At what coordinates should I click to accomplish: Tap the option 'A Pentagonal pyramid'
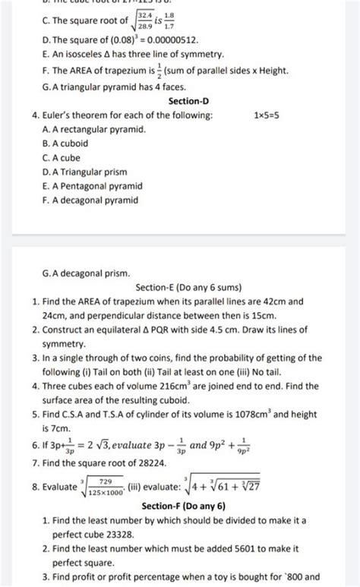coord(95,186)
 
